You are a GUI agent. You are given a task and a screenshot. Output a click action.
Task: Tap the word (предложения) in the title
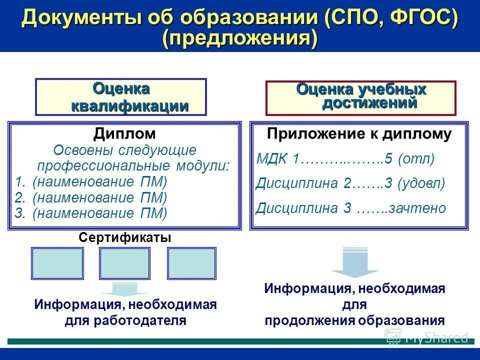pos(240,39)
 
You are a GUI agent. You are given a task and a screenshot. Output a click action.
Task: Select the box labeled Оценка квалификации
pos(120,97)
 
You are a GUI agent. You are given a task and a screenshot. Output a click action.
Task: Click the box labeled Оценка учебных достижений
pos(360,97)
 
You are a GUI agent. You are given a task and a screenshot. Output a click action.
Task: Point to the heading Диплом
pos(124,133)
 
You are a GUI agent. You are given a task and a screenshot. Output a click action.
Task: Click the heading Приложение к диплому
pos(359,134)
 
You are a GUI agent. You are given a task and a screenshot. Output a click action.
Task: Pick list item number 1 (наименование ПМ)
pos(99,181)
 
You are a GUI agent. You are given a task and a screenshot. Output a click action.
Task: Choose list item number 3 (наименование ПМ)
pos(99,213)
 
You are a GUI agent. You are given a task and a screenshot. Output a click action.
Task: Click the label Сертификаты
pos(125,238)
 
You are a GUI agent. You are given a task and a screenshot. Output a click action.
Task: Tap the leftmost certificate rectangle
pos(57,263)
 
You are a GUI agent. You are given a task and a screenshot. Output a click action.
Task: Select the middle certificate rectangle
pos(125,263)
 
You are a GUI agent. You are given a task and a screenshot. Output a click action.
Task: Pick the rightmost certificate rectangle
pos(191,263)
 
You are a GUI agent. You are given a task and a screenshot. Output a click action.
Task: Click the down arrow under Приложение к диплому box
pos(355,262)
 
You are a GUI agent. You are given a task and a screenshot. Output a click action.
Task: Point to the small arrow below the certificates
pos(125,289)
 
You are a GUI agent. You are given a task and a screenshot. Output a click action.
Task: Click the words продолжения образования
pos(354,320)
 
